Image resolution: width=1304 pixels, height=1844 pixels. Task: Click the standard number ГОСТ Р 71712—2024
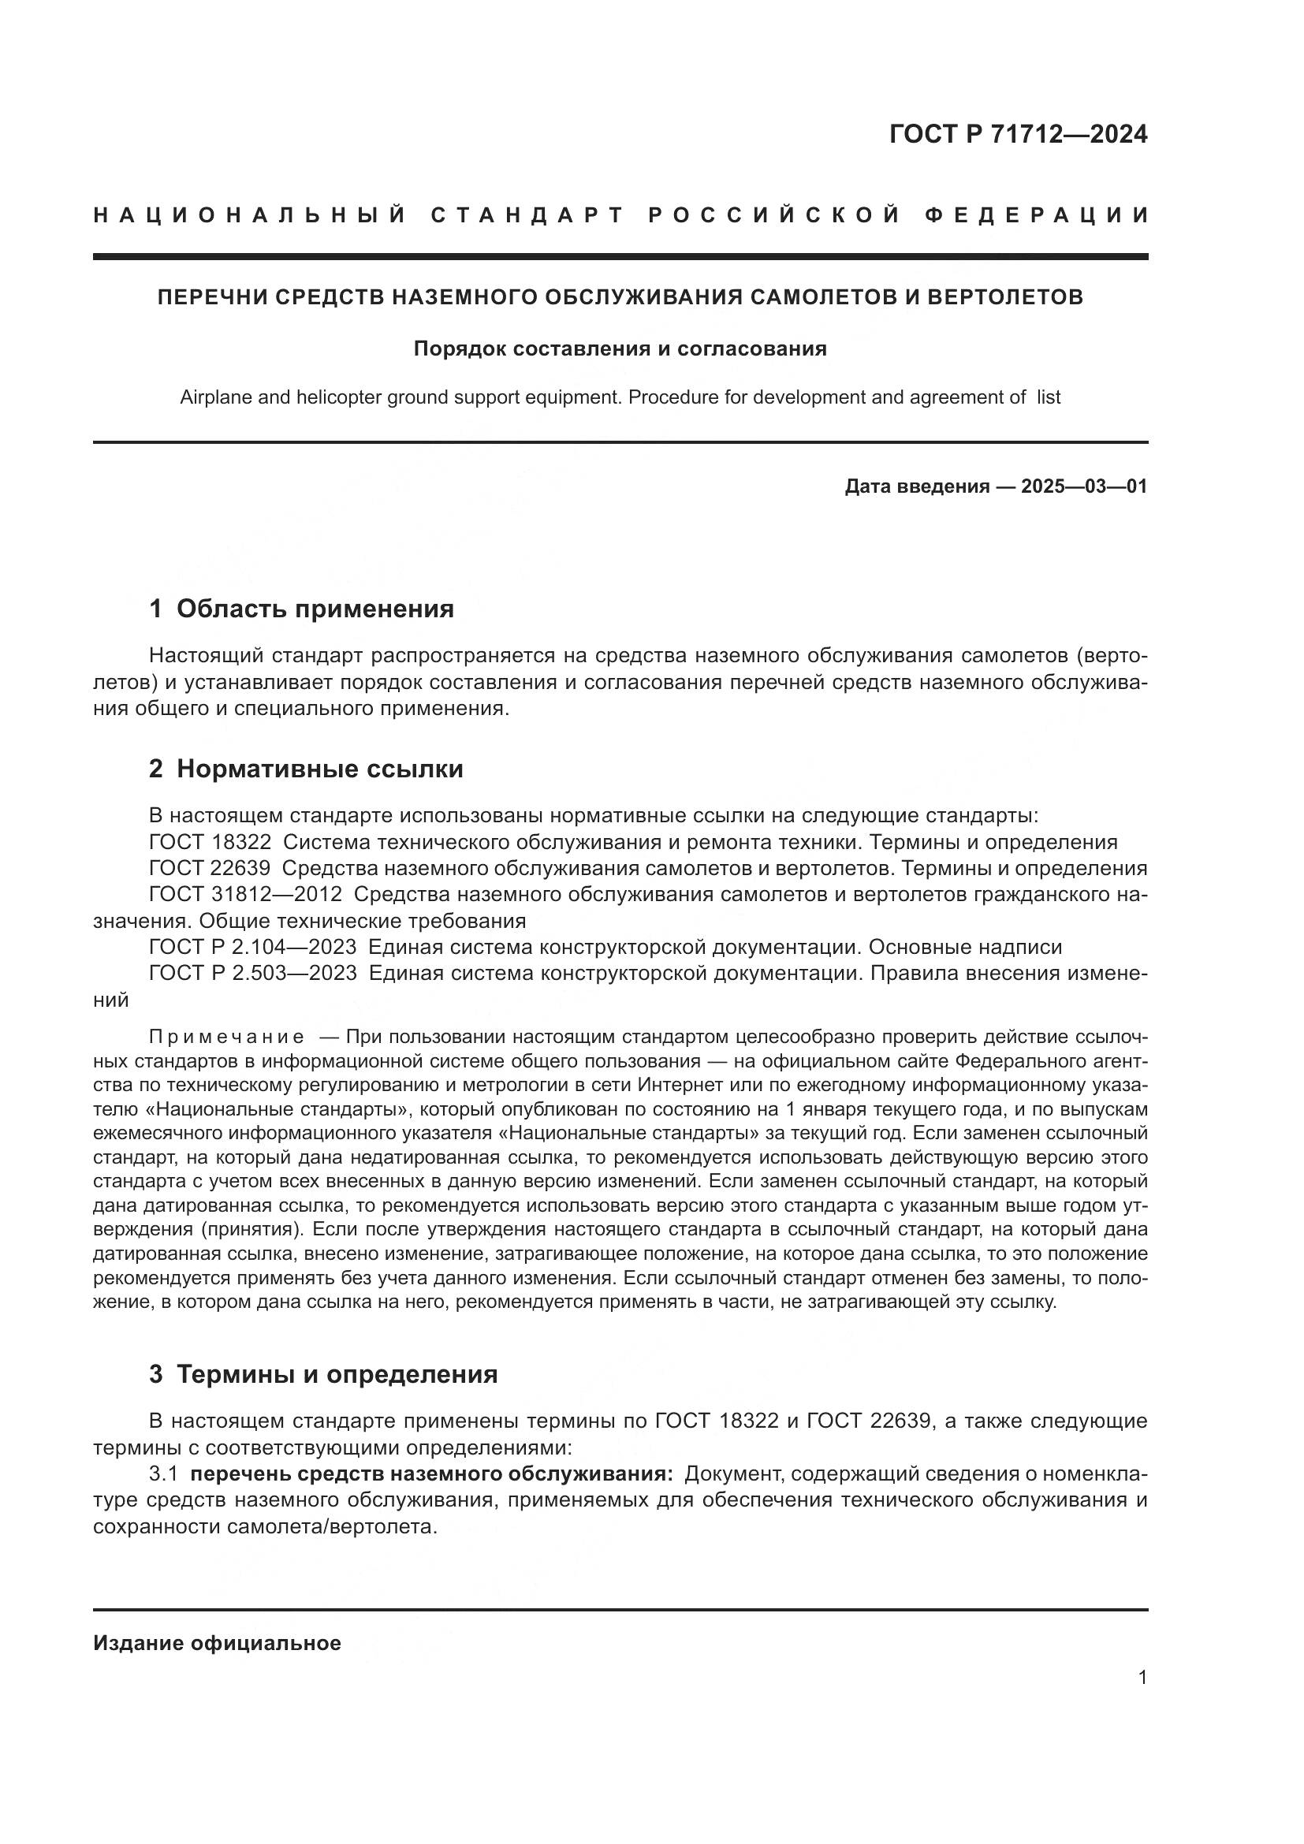1018,134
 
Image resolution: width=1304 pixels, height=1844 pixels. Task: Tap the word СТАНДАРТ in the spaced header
527,215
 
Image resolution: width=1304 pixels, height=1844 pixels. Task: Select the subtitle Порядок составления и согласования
620,348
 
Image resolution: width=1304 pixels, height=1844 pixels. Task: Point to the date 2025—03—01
1084,486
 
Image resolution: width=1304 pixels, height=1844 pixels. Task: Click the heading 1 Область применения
301,609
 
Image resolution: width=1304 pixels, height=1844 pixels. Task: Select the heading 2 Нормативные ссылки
306,769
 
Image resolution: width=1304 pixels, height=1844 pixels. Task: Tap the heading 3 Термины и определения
322,1374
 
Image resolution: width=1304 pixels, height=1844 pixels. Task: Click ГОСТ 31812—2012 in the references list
246,895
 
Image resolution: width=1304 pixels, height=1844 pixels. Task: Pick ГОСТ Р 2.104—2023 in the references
253,947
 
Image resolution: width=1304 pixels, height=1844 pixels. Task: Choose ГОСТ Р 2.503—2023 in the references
253,974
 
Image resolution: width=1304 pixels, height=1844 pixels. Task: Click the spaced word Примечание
226,1037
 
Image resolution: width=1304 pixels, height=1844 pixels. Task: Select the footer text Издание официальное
217,1643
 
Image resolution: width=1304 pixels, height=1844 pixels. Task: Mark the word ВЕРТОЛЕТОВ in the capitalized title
1005,297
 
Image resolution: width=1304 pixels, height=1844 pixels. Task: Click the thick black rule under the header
620,256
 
